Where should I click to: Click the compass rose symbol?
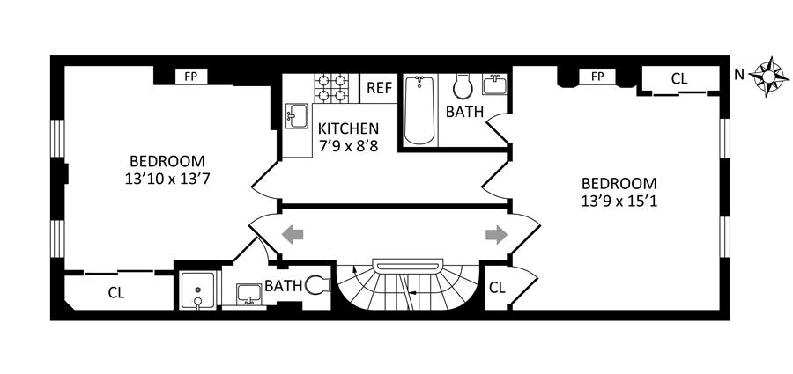pyautogui.click(x=768, y=75)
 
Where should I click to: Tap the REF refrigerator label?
pyautogui.click(x=379, y=88)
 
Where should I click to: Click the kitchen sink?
pyautogui.click(x=296, y=115)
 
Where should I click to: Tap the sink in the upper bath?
pyautogui.click(x=494, y=86)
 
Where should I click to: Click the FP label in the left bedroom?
pyautogui.click(x=190, y=77)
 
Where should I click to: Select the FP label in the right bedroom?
pyautogui.click(x=597, y=77)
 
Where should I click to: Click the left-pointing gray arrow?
pyautogui.click(x=293, y=234)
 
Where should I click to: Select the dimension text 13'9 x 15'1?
pyautogui.click(x=619, y=200)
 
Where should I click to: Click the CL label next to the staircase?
pyautogui.click(x=497, y=287)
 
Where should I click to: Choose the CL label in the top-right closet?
pyautogui.click(x=678, y=78)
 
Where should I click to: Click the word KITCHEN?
pyautogui.click(x=349, y=128)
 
